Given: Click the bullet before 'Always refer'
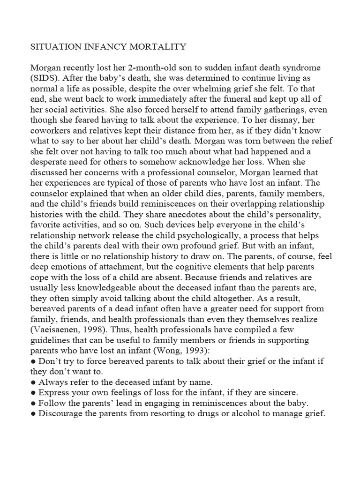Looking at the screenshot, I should (33, 381).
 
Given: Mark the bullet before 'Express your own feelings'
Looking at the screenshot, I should (33, 391).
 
